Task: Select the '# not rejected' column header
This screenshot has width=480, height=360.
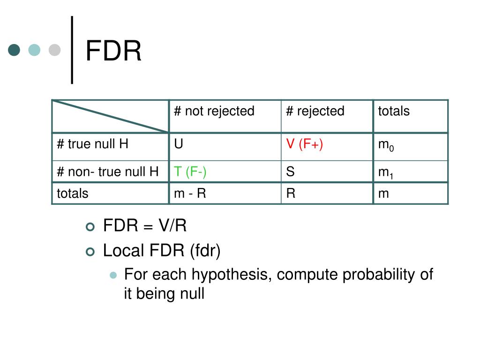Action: point(214,111)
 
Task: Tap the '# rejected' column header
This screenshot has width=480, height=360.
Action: point(315,111)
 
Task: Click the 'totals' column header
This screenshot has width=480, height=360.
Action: point(394,111)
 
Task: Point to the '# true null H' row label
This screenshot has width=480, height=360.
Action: point(92,144)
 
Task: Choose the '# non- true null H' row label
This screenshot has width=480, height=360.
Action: point(107,172)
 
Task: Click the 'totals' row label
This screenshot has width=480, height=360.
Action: point(72,193)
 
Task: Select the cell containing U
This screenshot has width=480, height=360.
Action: point(179,144)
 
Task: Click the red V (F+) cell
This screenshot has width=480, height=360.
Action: point(305,144)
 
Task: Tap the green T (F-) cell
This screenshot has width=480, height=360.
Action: point(190,172)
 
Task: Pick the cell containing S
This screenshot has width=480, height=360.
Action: point(291,172)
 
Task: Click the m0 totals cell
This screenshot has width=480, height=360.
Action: point(386,145)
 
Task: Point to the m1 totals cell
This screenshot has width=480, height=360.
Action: point(385,173)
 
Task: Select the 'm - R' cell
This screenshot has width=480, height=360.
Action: point(190,193)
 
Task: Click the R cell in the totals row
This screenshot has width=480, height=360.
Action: point(291,193)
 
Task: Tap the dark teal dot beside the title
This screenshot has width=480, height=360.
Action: point(15,50)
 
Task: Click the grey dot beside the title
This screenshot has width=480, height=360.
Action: point(55,50)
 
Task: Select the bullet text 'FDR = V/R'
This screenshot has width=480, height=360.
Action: point(145,226)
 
